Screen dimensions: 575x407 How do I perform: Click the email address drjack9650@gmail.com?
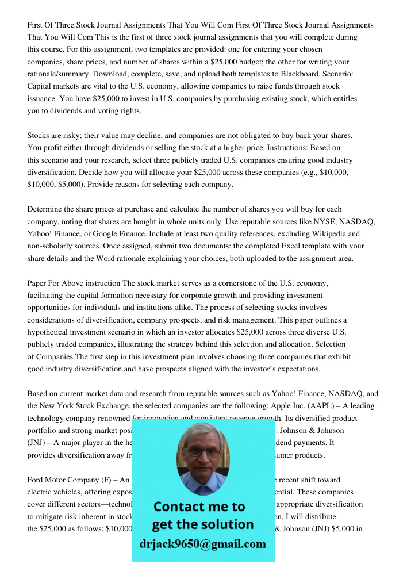point(202,544)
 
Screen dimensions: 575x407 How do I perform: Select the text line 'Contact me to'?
point(199,507)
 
